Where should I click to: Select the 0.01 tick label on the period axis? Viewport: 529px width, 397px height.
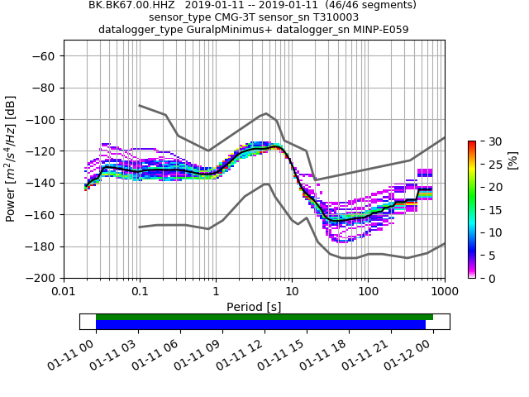64,292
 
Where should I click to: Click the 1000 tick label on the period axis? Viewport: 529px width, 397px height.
444,292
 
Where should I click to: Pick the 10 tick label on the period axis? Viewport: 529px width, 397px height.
292,292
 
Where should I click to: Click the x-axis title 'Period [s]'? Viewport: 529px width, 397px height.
254,307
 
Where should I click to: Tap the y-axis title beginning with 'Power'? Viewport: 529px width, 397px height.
12,167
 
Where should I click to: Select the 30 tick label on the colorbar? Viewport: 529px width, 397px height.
488,141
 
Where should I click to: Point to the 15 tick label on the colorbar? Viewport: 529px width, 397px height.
488,210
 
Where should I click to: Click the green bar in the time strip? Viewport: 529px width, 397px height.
264,317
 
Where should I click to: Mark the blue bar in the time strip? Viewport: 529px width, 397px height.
260,325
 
